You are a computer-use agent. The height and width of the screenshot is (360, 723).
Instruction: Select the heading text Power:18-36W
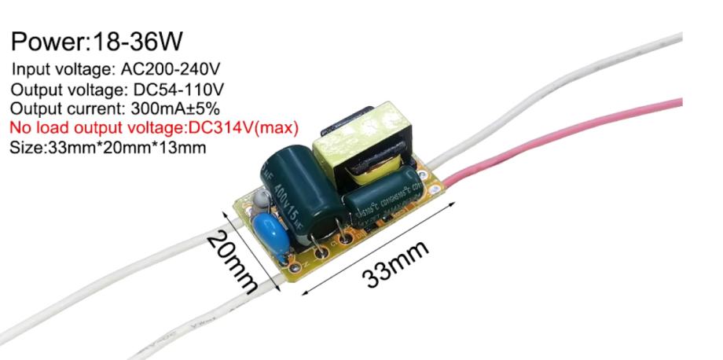point(98,41)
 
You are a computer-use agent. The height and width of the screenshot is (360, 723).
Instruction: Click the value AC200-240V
point(164,68)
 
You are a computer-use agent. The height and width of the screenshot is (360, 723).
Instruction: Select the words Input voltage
point(54,68)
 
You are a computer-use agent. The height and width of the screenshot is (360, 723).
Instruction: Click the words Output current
point(56,107)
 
